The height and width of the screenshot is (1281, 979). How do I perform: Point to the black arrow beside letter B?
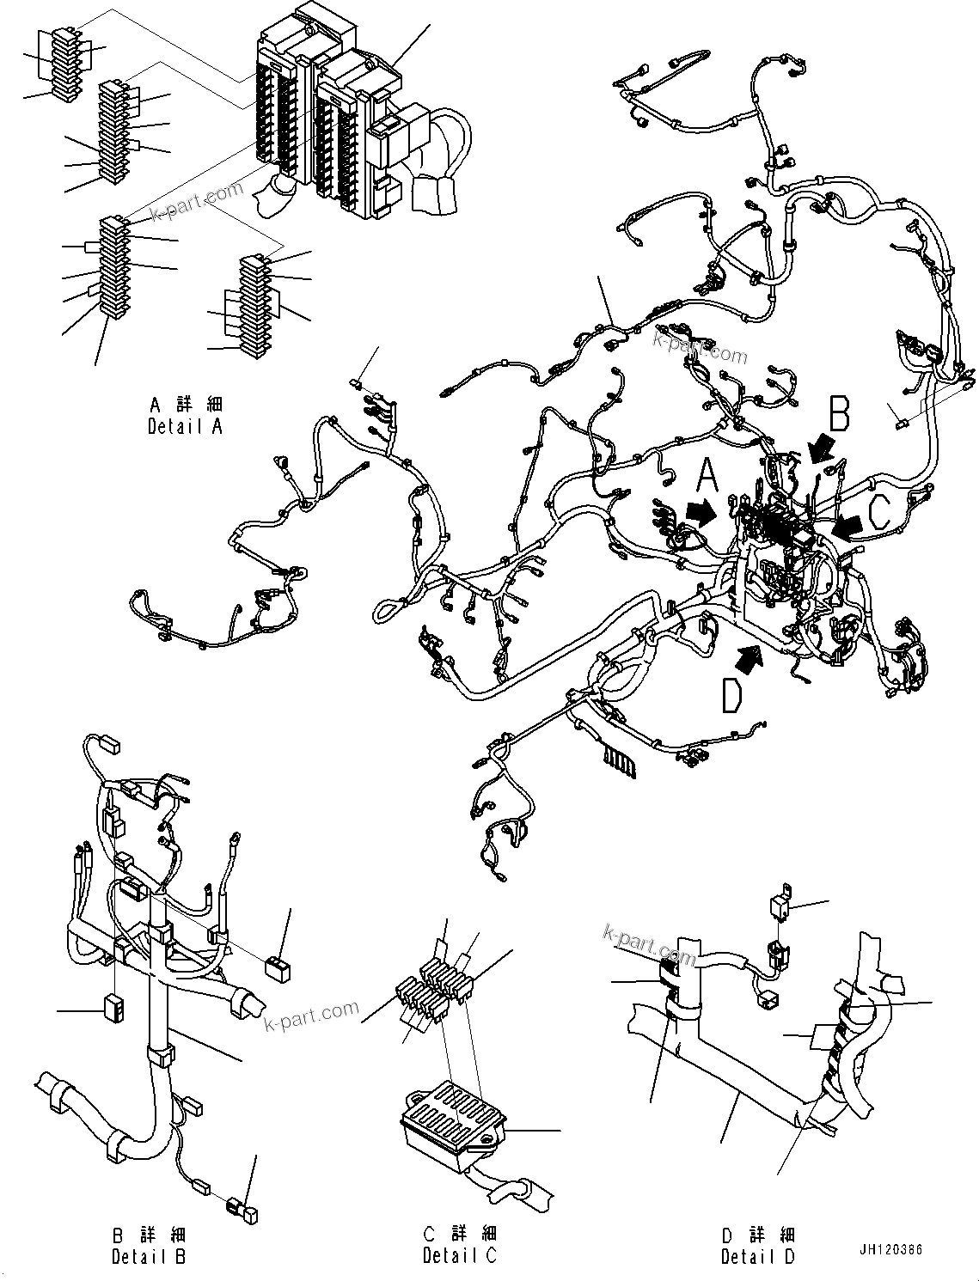(x=823, y=446)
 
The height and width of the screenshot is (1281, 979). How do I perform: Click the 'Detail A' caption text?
(x=185, y=415)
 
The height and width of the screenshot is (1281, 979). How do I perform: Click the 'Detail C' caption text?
(x=459, y=1246)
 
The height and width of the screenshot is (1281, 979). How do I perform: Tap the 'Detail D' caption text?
(x=758, y=1246)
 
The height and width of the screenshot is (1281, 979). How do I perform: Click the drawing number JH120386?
(x=889, y=1249)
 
